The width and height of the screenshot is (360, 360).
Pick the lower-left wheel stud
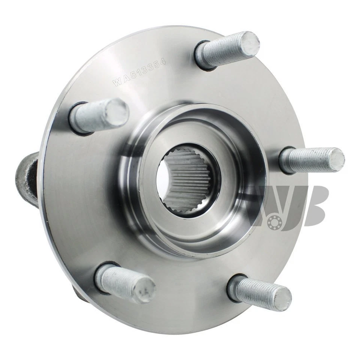[126, 283]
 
